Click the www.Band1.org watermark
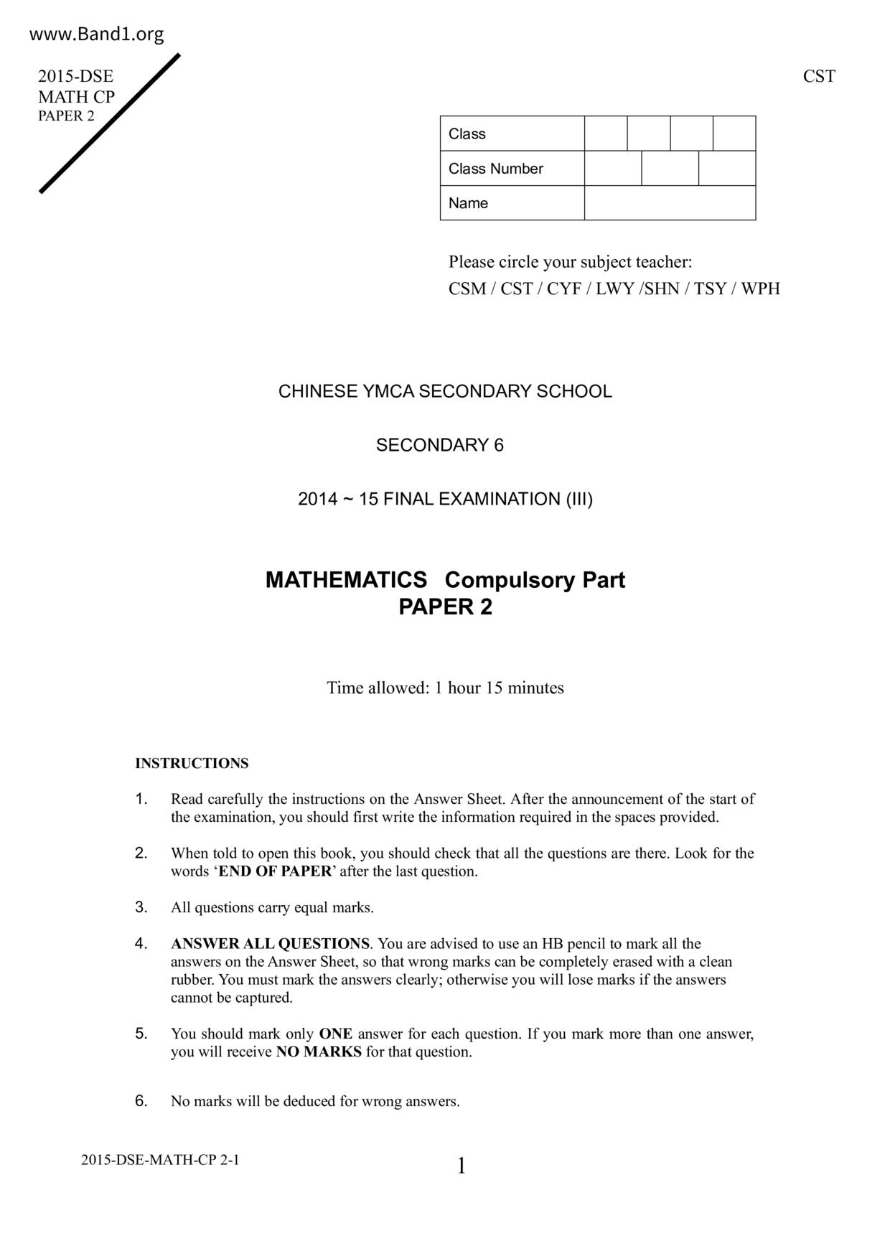(x=97, y=34)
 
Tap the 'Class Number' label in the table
(x=495, y=169)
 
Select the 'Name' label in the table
(x=468, y=203)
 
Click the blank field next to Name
(x=670, y=203)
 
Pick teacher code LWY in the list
(x=615, y=289)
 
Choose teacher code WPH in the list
(x=760, y=289)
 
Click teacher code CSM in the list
(x=467, y=289)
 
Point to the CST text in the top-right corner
(x=819, y=77)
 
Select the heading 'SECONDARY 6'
(x=440, y=446)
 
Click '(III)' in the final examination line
(x=579, y=500)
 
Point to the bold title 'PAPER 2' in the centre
(x=445, y=608)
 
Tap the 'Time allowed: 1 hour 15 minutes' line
(x=445, y=688)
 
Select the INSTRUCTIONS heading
(x=192, y=764)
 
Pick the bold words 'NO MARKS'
(x=319, y=1052)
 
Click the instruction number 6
(x=141, y=1100)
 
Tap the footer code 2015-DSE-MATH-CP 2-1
(x=160, y=1160)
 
